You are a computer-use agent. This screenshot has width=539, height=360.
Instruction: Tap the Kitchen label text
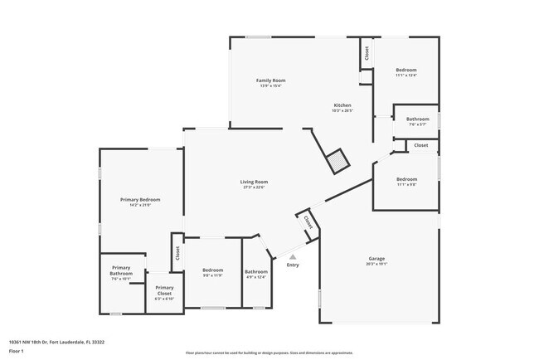pyautogui.click(x=342, y=105)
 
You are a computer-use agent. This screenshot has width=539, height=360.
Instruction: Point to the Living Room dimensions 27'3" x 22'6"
pyautogui.click(x=254, y=187)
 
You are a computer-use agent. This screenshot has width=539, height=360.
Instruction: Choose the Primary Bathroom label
pyautogui.click(x=122, y=270)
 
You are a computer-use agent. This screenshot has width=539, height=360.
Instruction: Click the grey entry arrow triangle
pyautogui.click(x=292, y=257)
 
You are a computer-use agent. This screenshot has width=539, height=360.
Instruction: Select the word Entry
pyautogui.click(x=292, y=265)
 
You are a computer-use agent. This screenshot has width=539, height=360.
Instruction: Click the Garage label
pyautogui.click(x=376, y=259)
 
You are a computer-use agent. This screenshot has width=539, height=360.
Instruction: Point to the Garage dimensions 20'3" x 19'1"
pyautogui.click(x=376, y=265)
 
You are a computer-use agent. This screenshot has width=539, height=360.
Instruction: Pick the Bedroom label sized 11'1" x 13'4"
pyautogui.click(x=405, y=70)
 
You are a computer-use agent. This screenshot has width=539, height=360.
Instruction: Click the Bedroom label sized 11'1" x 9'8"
pyautogui.click(x=405, y=179)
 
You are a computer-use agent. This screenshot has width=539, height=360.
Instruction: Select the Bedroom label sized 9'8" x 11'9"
pyautogui.click(x=213, y=270)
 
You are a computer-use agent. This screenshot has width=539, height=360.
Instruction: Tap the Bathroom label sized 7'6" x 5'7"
pyautogui.click(x=417, y=119)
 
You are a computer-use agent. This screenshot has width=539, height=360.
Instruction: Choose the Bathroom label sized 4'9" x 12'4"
pyautogui.click(x=255, y=271)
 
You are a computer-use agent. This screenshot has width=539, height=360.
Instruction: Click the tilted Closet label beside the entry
pyautogui.click(x=308, y=222)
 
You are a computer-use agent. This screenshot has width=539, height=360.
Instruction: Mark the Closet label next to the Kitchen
pyautogui.click(x=367, y=52)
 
